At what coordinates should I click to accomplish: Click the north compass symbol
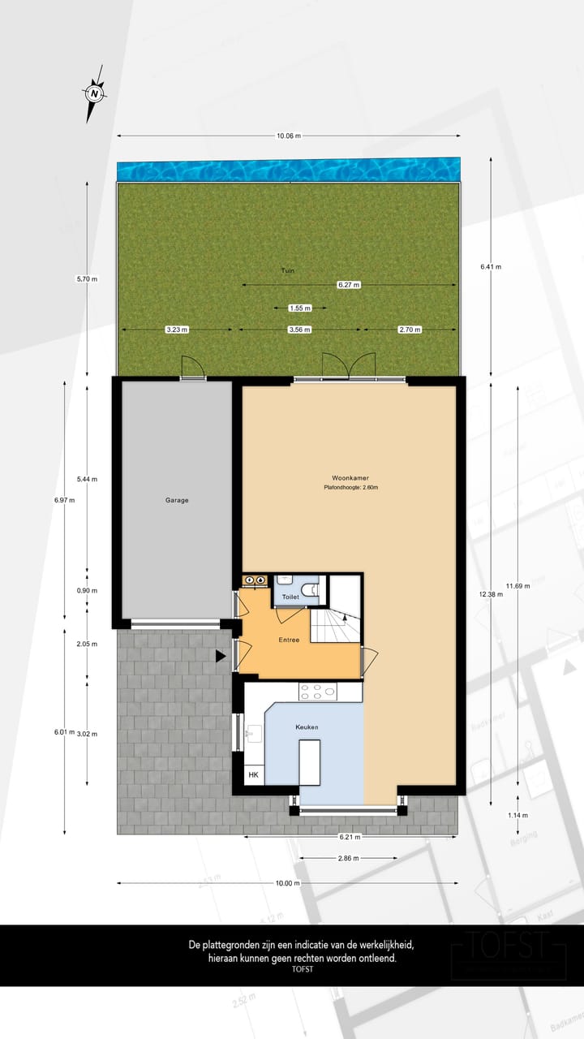95,93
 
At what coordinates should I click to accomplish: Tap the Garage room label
177,500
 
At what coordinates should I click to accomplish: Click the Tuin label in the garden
287,269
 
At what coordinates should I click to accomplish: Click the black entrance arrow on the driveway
221,656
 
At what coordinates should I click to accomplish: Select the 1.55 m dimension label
300,308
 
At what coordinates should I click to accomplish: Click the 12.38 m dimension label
492,594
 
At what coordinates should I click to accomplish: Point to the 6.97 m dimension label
64,500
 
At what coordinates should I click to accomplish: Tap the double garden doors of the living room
349,366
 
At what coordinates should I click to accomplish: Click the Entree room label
289,640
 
